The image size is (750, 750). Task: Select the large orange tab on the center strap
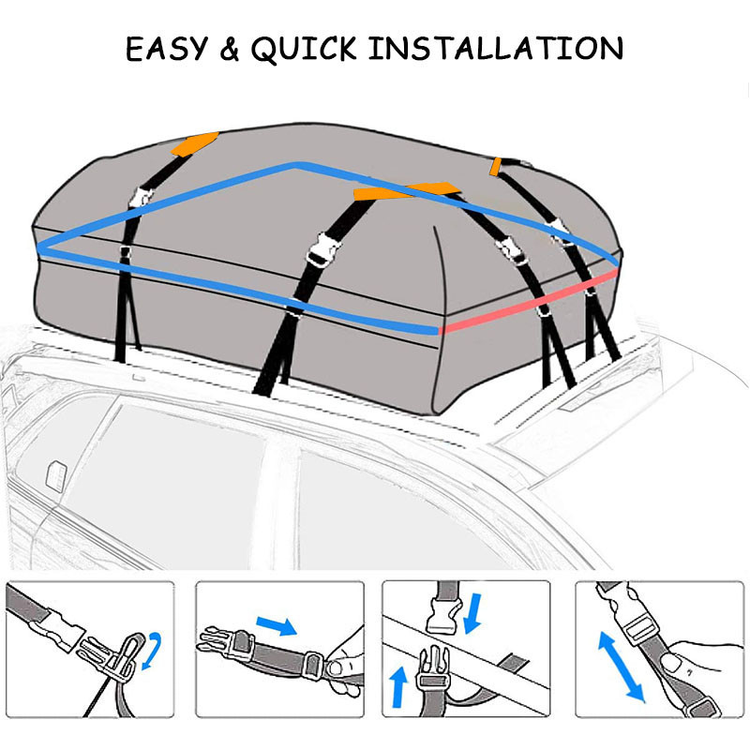click(x=412, y=190)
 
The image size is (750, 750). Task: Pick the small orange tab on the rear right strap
click(x=496, y=166)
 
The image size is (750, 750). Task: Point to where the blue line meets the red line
click(x=439, y=329)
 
